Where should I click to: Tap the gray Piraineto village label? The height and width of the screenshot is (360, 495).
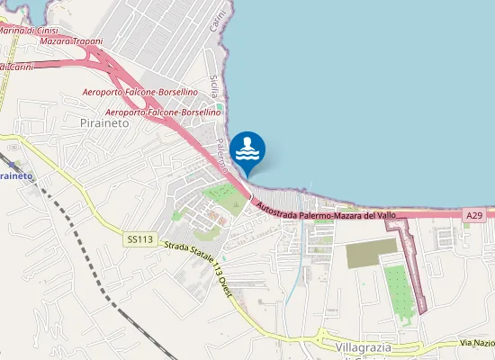pyautogui.click(x=104, y=124)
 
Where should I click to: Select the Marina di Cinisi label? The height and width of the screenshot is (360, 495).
pyautogui.click(x=29, y=31)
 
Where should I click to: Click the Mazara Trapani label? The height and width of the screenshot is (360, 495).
pyautogui.click(x=68, y=41)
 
